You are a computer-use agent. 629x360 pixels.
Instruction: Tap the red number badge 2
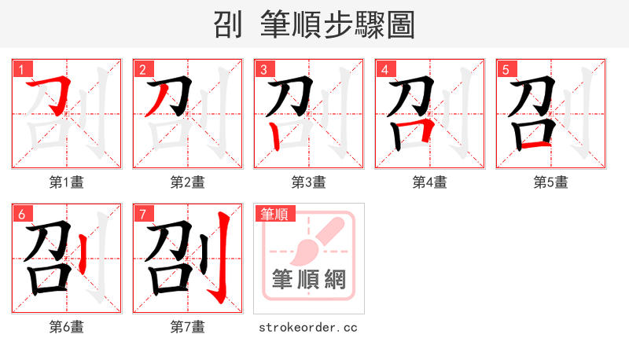point(142,69)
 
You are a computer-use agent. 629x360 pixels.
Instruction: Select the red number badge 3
point(263,69)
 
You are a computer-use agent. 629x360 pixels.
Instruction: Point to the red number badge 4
point(384,69)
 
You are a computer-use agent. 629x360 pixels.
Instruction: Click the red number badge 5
point(506,69)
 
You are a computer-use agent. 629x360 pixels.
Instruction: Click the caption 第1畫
point(67,182)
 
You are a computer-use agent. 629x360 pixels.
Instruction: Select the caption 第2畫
point(188,182)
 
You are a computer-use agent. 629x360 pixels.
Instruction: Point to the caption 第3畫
point(309,182)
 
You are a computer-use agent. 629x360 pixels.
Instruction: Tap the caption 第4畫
point(430,182)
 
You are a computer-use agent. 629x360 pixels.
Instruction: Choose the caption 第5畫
point(551,182)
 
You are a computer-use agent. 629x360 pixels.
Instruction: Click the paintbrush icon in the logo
point(314,241)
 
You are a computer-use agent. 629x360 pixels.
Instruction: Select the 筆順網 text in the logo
point(309,280)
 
